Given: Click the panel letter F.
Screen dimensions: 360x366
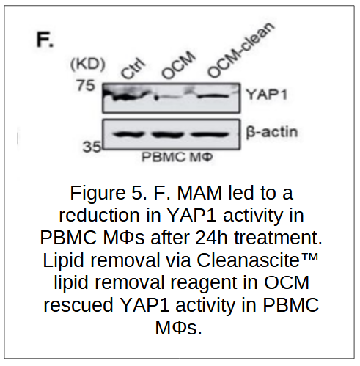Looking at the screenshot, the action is [x=45, y=40].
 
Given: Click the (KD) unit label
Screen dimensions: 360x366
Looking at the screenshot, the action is [x=88, y=65].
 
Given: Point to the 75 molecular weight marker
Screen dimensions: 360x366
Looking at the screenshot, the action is [x=86, y=86].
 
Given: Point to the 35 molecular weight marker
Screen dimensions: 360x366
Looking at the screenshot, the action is [x=92, y=147].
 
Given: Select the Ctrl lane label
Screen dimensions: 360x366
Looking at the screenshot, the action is [x=133, y=68].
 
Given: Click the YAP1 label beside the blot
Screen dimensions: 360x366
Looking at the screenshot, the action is [x=266, y=95].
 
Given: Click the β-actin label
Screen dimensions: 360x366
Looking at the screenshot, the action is [x=272, y=132].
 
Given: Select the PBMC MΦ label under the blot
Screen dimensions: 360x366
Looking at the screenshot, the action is [x=177, y=157].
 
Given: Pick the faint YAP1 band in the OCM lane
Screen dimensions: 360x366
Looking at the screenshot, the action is [x=169, y=97].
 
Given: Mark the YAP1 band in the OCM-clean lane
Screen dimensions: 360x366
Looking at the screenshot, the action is [x=213, y=96].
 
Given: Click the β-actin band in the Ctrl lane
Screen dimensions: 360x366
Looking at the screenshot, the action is [x=129, y=134].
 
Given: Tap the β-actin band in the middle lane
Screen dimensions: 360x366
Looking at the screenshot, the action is [x=167, y=134].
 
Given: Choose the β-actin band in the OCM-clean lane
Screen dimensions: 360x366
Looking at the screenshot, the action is [x=210, y=134].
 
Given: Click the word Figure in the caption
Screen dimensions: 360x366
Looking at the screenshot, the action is [x=98, y=194].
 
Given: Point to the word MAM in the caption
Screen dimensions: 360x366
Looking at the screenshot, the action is [x=199, y=193].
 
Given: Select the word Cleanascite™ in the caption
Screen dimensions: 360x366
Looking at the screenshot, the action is [x=257, y=260].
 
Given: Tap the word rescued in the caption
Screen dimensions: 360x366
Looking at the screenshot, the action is [x=78, y=305].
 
